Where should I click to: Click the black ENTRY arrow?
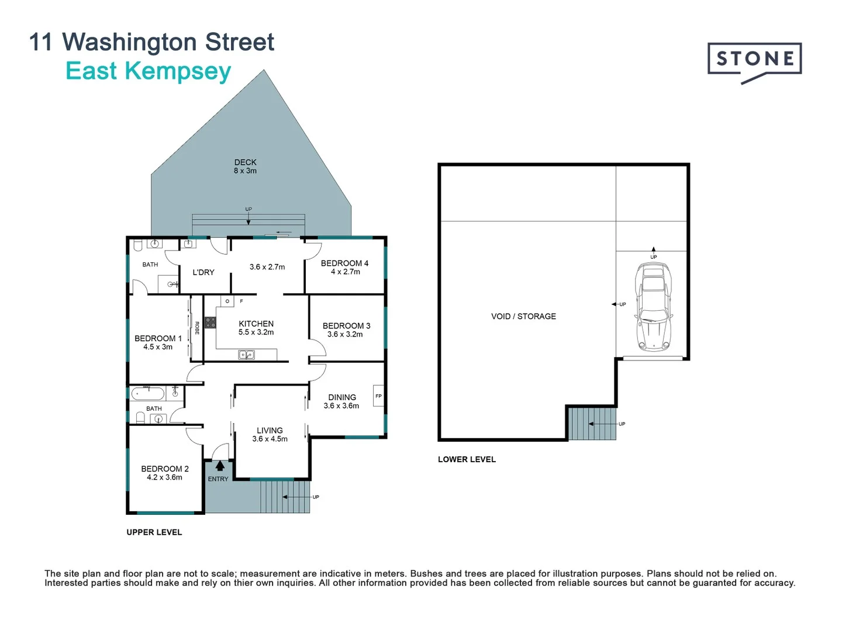(220, 466)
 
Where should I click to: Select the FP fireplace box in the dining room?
(378, 396)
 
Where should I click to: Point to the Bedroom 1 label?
(158, 338)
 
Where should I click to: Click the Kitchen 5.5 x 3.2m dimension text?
(256, 332)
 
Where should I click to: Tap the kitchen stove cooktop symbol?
(210, 322)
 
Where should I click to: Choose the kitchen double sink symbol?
(246, 355)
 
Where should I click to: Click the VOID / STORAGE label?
(523, 316)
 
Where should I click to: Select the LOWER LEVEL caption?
(467, 459)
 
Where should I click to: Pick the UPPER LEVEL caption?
(154, 532)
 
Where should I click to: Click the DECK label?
(246, 162)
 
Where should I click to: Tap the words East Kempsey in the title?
(149, 71)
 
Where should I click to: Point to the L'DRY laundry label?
(203, 272)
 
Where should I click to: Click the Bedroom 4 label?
(344, 264)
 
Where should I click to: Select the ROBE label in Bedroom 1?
(197, 328)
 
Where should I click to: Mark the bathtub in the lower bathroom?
(147, 393)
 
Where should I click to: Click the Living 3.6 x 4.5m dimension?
(270, 439)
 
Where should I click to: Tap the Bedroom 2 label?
(165, 469)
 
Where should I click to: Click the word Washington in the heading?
(122, 42)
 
